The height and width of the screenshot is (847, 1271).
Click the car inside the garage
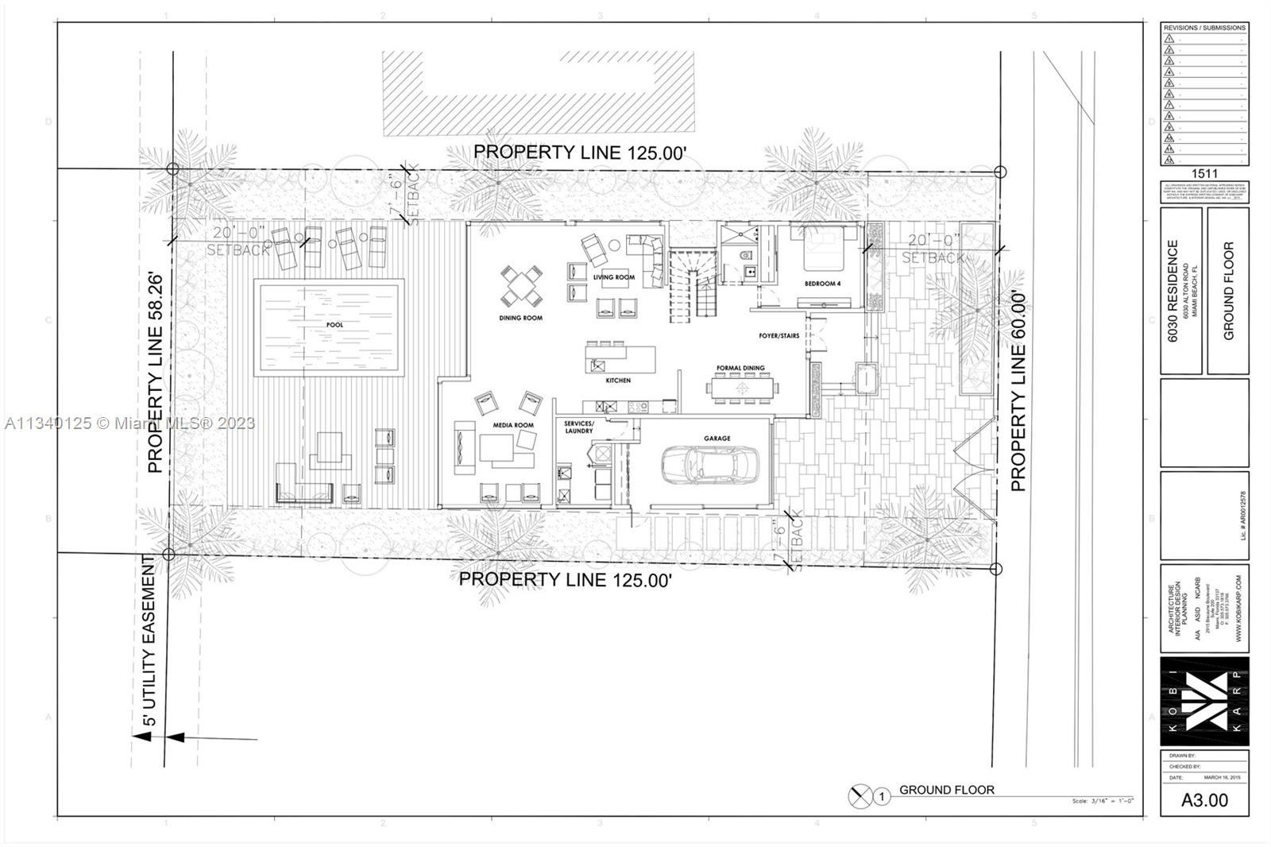point(709,465)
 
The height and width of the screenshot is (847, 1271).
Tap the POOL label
point(334,325)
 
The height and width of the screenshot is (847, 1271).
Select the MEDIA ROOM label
point(513,425)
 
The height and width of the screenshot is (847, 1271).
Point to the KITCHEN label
point(618,381)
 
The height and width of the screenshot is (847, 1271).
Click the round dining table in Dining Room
point(522,286)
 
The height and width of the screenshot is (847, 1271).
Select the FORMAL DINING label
point(740,368)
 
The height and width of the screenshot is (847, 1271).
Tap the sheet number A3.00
point(1204,800)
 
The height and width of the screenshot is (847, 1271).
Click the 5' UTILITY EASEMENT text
point(149,642)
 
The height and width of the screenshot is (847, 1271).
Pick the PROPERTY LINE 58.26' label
point(156,373)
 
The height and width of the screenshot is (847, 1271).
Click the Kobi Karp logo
point(1204,701)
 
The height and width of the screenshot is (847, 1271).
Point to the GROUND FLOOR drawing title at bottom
point(946,790)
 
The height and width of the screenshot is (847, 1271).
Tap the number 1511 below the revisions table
point(1204,173)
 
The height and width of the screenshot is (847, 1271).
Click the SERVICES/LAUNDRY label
point(579,427)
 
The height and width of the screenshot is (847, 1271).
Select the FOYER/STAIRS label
point(778,336)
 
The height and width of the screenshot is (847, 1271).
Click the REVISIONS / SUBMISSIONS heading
point(1204,28)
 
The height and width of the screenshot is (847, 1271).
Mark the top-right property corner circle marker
point(1000,172)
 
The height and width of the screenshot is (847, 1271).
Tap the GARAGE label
point(717,438)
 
